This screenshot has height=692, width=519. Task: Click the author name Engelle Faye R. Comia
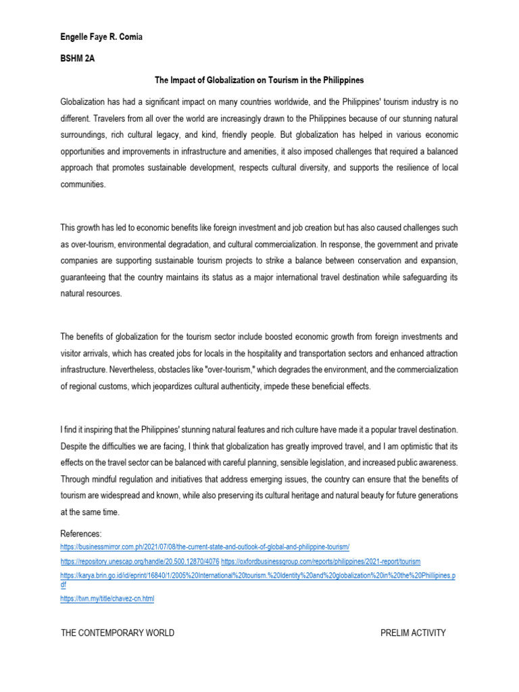point(101,36)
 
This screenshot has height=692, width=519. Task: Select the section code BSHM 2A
point(78,59)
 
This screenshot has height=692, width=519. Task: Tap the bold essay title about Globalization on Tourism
point(259,80)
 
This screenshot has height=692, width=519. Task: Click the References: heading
point(80,534)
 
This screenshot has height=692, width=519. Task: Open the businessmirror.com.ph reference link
point(205,546)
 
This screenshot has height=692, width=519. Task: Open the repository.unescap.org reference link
point(139,562)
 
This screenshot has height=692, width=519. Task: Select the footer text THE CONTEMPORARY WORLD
point(118,633)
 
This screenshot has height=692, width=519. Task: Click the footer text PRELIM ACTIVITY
point(414,633)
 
